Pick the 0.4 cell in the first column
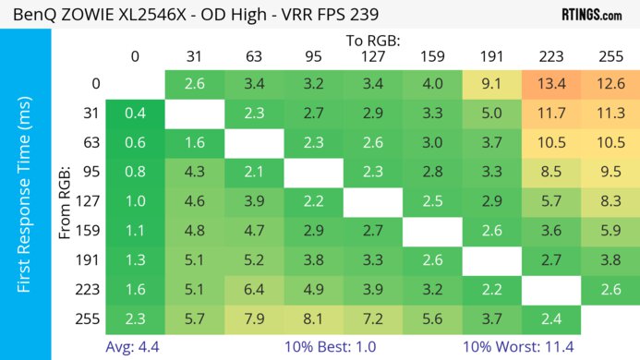coord(135,114)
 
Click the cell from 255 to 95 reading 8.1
coord(313,319)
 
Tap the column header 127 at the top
coord(373,56)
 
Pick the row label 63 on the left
coord(90,143)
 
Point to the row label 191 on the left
coord(90,260)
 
